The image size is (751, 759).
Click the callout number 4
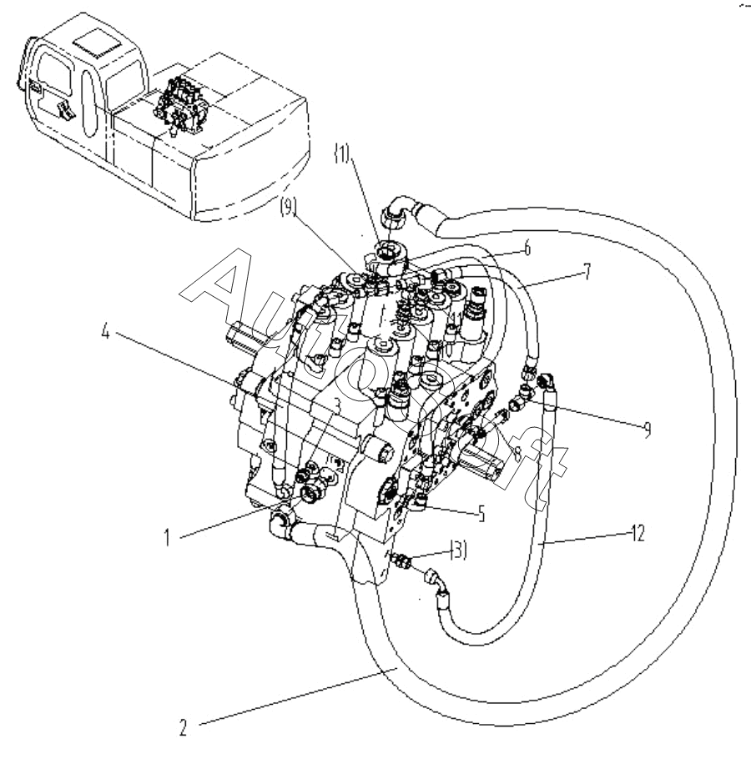click(105, 332)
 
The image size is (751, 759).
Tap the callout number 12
click(638, 534)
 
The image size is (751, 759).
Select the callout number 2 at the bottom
click(183, 727)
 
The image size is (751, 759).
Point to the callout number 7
click(587, 272)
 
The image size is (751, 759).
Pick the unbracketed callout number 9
click(647, 429)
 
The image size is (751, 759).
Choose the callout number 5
click(481, 514)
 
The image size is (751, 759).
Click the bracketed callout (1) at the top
click(342, 154)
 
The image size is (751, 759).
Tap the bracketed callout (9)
click(288, 208)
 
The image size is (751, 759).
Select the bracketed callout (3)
click(459, 550)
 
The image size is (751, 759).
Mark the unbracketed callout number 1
click(167, 537)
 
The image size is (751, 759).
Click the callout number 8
click(517, 454)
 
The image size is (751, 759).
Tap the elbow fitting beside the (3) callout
click(436, 581)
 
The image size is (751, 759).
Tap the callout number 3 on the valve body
click(337, 405)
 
